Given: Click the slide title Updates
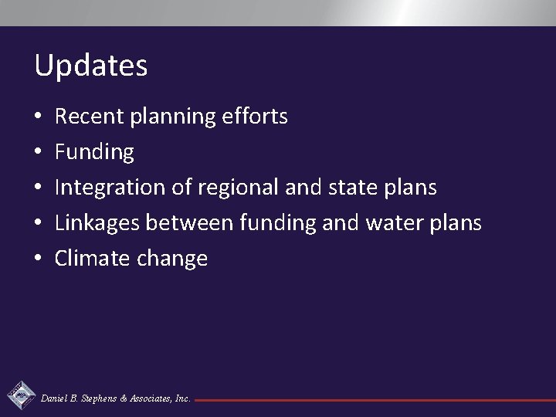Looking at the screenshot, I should [x=90, y=66].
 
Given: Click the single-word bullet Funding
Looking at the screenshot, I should [x=94, y=152].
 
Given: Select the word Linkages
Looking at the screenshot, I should [x=97, y=223].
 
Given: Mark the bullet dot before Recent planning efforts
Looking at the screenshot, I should [x=38, y=117].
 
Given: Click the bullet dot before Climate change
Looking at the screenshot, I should [x=38, y=259].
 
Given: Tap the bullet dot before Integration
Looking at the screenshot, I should [x=38, y=188].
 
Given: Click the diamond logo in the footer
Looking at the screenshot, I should [x=20, y=396].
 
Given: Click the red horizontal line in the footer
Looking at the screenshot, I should [x=371, y=400].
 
